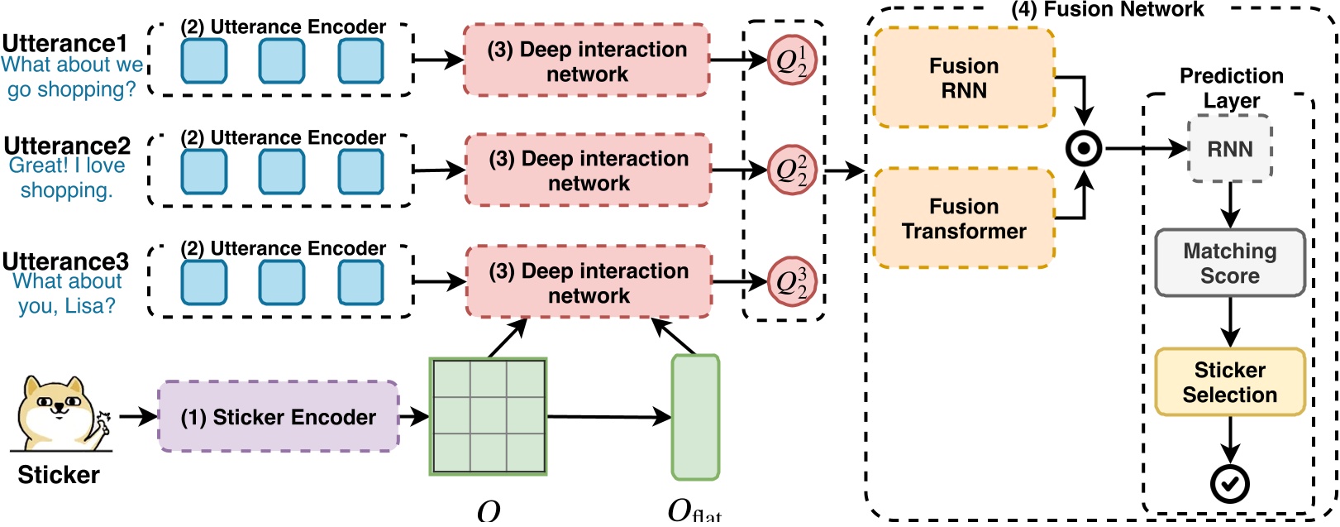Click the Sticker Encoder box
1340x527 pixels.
coord(278,417)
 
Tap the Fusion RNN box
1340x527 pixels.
coord(963,78)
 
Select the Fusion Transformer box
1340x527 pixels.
coord(963,218)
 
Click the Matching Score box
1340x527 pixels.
coord(1229,263)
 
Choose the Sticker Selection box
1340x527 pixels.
coord(1229,382)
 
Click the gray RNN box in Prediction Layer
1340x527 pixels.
coord(1229,149)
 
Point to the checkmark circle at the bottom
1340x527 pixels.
coord(1229,485)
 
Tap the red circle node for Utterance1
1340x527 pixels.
coord(792,60)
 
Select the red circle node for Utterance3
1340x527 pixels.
coord(792,282)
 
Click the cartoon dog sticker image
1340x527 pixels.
coord(60,414)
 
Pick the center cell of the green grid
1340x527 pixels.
coord(488,416)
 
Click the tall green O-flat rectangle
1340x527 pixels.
coord(695,418)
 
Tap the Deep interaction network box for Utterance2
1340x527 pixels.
coord(588,170)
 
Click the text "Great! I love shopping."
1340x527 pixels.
coord(67,178)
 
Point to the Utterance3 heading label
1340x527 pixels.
coord(66,261)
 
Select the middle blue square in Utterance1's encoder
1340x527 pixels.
coord(282,61)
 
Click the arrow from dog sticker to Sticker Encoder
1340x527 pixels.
coord(137,416)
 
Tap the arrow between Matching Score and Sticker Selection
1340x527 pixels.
coord(1229,322)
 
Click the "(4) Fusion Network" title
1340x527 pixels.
coord(1108,10)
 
